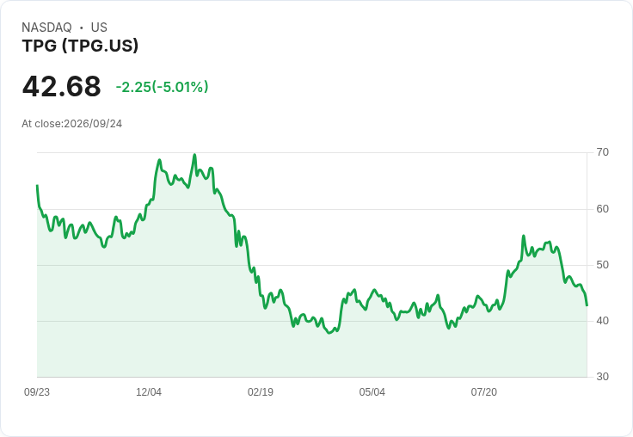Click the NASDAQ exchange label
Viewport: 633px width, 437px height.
(x=46, y=28)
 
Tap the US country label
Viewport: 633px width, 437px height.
(x=99, y=28)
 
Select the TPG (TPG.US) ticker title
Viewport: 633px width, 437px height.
(x=80, y=46)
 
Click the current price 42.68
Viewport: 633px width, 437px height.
(x=61, y=86)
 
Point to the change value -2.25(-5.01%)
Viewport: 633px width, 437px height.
(x=162, y=87)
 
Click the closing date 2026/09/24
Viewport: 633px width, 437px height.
(x=93, y=124)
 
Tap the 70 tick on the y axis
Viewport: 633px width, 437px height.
(x=602, y=152)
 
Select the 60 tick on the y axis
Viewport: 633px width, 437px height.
(x=602, y=209)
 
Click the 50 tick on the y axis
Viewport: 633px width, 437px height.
(x=602, y=265)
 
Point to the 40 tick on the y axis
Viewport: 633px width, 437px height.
(x=602, y=321)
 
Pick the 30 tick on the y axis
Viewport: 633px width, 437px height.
(x=602, y=377)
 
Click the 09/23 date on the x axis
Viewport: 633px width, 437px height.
(x=37, y=392)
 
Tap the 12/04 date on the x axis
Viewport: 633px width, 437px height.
(x=149, y=392)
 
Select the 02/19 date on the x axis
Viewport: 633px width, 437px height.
(x=261, y=392)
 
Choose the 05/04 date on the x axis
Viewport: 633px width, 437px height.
(x=372, y=392)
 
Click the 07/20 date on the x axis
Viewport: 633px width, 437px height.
(x=483, y=392)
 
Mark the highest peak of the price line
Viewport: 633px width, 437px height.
(x=194, y=154)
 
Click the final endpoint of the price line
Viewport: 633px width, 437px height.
(x=587, y=305)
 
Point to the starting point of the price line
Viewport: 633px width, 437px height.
(x=37, y=186)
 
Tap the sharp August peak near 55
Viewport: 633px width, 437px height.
(x=524, y=236)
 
